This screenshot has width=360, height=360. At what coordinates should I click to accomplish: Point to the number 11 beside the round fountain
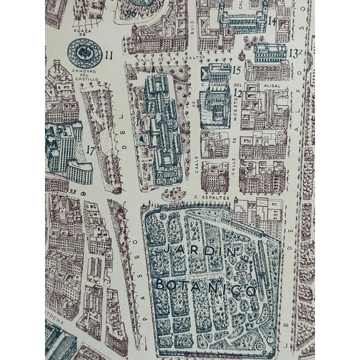(x=109, y=55)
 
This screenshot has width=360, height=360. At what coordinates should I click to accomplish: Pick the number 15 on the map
(x=237, y=70)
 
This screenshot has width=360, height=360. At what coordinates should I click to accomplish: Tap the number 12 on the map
(x=238, y=92)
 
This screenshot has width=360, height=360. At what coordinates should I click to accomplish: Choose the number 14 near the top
(x=272, y=21)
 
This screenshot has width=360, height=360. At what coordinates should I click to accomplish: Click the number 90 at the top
(x=131, y=13)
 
